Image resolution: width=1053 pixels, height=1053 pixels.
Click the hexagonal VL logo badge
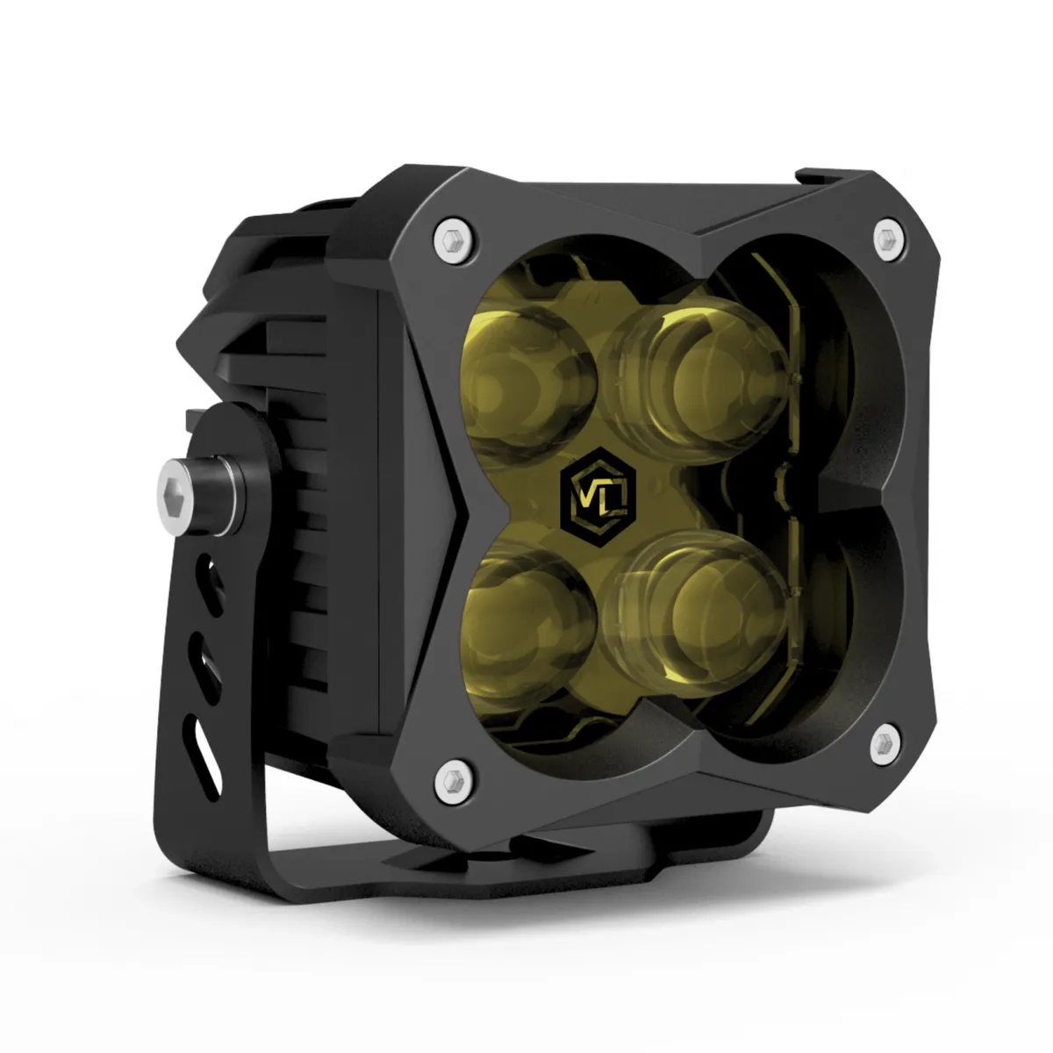tap(599, 498)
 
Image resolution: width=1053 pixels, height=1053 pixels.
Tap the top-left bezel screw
tap(454, 240)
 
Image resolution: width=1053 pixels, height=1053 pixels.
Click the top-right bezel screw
tap(889, 240)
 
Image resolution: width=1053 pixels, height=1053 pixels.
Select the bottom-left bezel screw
tap(455, 782)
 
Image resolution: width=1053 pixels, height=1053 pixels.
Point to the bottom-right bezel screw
tap(885, 744)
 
